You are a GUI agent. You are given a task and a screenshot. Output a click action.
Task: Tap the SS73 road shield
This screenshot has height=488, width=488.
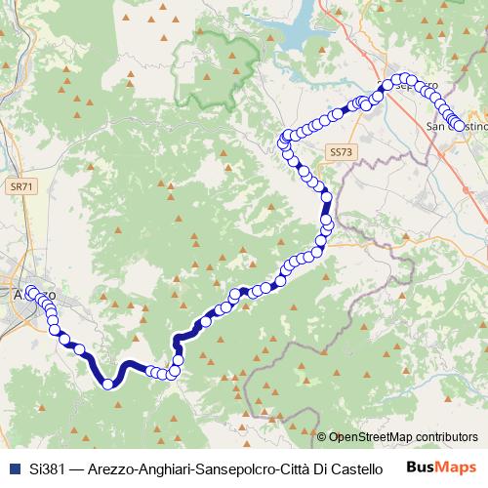340,153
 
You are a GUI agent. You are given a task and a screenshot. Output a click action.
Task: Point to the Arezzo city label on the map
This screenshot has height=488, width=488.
35,295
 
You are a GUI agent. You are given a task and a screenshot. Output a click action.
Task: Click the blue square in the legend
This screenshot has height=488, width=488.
11,468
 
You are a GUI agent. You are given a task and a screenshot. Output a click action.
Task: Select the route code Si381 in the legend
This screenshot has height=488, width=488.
46,468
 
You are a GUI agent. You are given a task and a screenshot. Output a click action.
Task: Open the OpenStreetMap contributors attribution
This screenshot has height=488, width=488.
404,437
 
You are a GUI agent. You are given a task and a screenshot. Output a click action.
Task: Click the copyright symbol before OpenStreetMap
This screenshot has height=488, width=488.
322,437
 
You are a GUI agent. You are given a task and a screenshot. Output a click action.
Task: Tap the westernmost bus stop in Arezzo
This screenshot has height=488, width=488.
30,291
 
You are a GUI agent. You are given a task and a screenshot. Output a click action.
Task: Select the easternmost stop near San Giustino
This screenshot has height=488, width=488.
459,125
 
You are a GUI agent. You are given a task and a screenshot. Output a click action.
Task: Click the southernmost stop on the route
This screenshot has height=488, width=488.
108,384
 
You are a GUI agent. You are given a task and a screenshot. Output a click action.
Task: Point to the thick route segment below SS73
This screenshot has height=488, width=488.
326,207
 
